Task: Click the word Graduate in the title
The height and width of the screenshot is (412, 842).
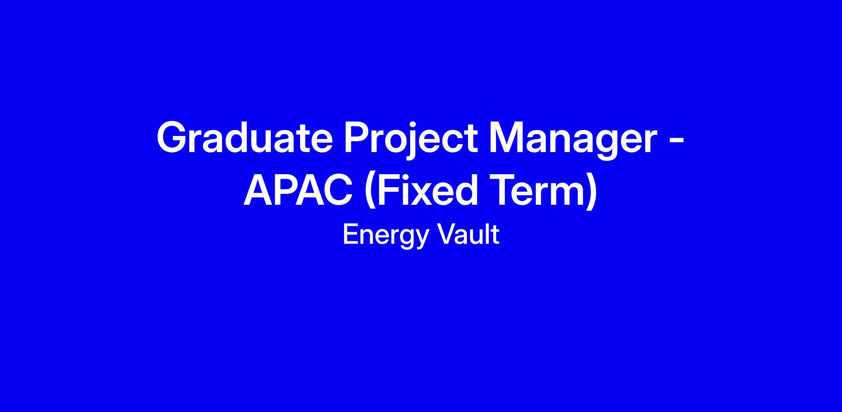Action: tap(245, 137)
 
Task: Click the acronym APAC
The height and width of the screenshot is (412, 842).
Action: tap(298, 190)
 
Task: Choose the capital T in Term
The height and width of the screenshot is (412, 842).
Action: tap(504, 190)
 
